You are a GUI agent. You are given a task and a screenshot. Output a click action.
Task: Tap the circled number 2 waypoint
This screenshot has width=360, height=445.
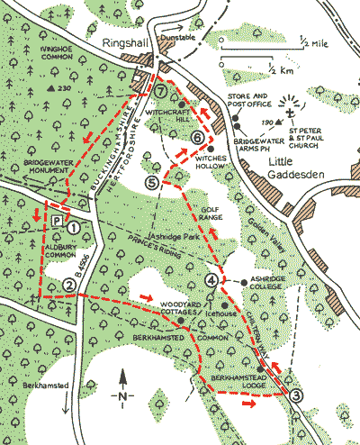tap(68, 286)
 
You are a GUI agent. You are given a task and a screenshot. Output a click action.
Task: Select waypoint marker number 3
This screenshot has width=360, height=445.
tap(297, 394)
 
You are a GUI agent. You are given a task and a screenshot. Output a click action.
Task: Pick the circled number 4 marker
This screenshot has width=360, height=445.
tap(211, 280)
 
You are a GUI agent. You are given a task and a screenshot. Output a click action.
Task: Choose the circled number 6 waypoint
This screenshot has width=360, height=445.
tap(197, 137)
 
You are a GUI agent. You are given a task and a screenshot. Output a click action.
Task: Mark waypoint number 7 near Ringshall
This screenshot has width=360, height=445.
tap(160, 91)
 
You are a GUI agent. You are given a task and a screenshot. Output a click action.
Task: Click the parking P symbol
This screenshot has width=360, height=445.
tap(56, 219)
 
